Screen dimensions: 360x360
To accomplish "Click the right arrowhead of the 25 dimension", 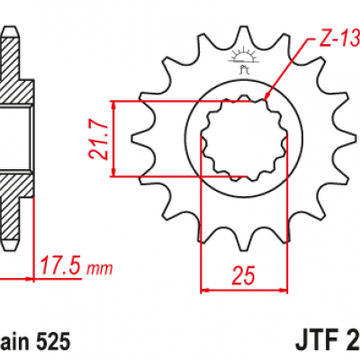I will [x=274, y=290].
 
